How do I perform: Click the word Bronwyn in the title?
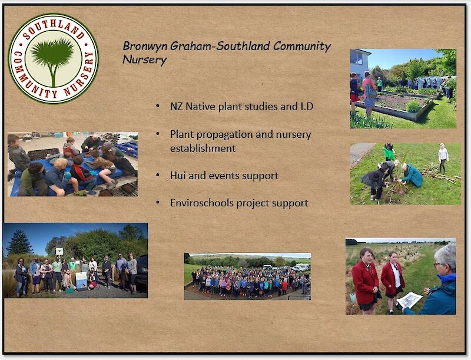click(145, 46)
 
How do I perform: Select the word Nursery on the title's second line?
click(144, 60)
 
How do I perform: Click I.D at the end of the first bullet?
click(306, 107)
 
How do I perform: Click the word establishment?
click(203, 148)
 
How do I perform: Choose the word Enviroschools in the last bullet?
click(202, 203)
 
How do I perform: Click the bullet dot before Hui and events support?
click(158, 175)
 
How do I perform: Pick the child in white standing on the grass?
click(443, 157)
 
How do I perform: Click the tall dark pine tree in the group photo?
click(20, 243)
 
